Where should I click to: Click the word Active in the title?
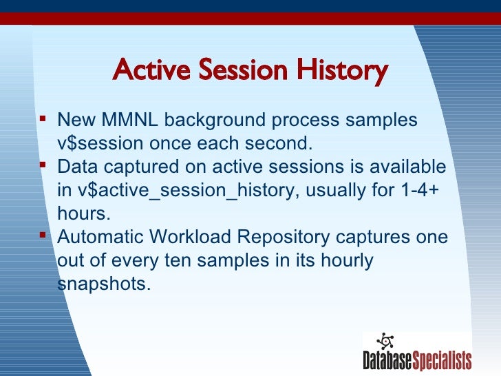[x=151, y=70]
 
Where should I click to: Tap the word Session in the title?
[x=243, y=70]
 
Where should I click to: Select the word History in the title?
[x=342, y=71]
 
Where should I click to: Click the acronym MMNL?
[x=129, y=120]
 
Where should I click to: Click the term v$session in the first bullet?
[x=100, y=143]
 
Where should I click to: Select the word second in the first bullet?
[x=278, y=143]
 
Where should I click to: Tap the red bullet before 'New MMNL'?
[x=43, y=119]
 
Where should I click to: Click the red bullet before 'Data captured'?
[x=43, y=165]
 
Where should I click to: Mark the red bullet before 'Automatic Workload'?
[x=43, y=236]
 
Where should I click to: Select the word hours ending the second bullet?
[x=84, y=213]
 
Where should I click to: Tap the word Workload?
[x=190, y=237]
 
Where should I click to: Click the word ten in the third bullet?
[x=178, y=260]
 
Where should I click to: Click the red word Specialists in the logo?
[x=442, y=361]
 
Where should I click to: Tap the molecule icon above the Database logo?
[x=385, y=341]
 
